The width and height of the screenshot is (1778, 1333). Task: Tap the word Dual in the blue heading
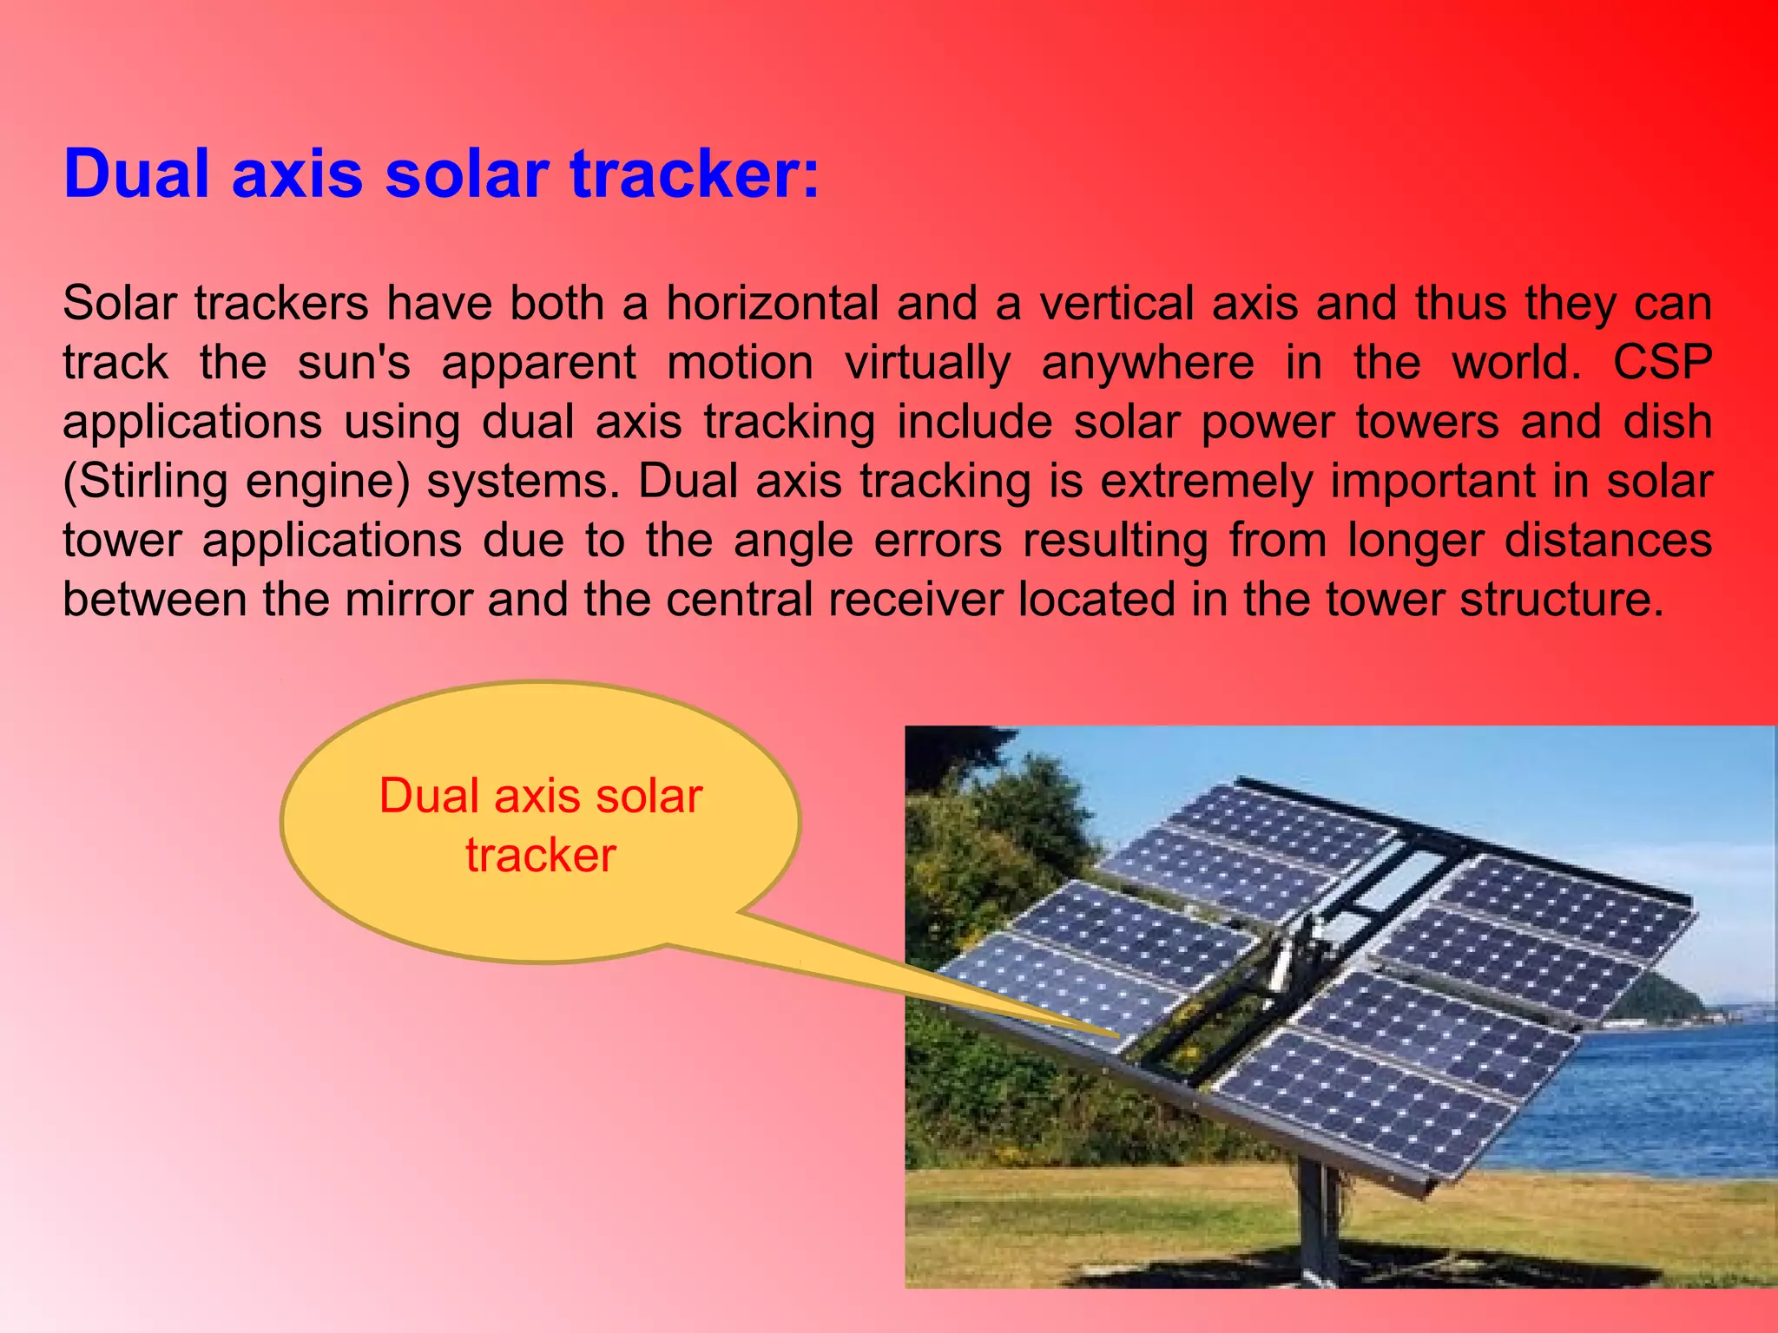(137, 174)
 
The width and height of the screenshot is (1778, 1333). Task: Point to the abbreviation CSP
(1662, 363)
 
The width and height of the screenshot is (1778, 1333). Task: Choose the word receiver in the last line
(915, 600)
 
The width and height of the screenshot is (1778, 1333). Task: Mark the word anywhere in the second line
(1147, 363)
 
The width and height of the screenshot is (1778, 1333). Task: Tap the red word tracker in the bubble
(540, 856)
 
